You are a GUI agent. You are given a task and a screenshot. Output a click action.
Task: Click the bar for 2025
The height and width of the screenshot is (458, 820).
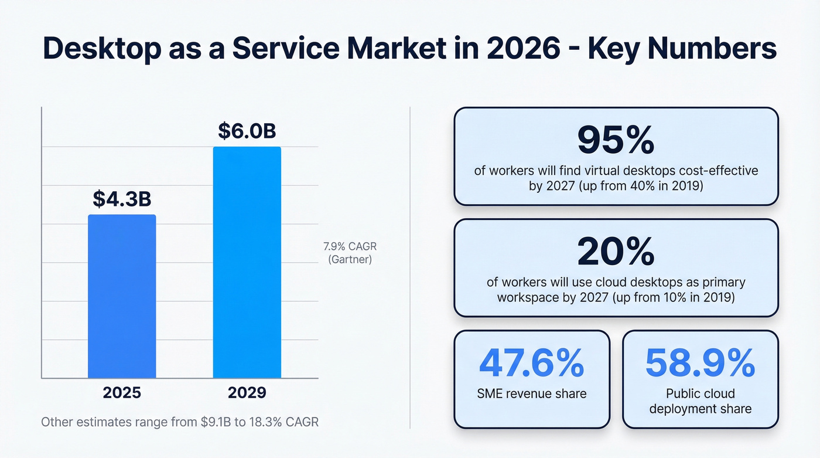122,296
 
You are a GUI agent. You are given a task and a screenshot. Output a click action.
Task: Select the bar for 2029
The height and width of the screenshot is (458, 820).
247,262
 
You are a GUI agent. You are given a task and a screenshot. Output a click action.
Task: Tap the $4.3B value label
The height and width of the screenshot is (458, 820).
122,199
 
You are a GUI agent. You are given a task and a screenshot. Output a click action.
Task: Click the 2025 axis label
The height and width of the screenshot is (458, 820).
122,392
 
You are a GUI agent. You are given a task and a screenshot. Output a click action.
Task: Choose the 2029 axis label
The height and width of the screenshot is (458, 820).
247,392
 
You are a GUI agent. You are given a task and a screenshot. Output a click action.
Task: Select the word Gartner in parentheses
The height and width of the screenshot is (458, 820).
350,259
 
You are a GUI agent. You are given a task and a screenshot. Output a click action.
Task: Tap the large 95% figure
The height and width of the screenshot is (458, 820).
616,140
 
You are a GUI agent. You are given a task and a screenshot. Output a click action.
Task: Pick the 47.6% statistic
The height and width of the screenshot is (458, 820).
531,364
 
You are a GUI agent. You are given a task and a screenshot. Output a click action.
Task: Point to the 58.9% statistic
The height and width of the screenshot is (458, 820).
700,364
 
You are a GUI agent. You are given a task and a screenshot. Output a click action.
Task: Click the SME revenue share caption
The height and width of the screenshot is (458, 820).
531,393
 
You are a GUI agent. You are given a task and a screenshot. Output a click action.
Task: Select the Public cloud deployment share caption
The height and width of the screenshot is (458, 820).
700,401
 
